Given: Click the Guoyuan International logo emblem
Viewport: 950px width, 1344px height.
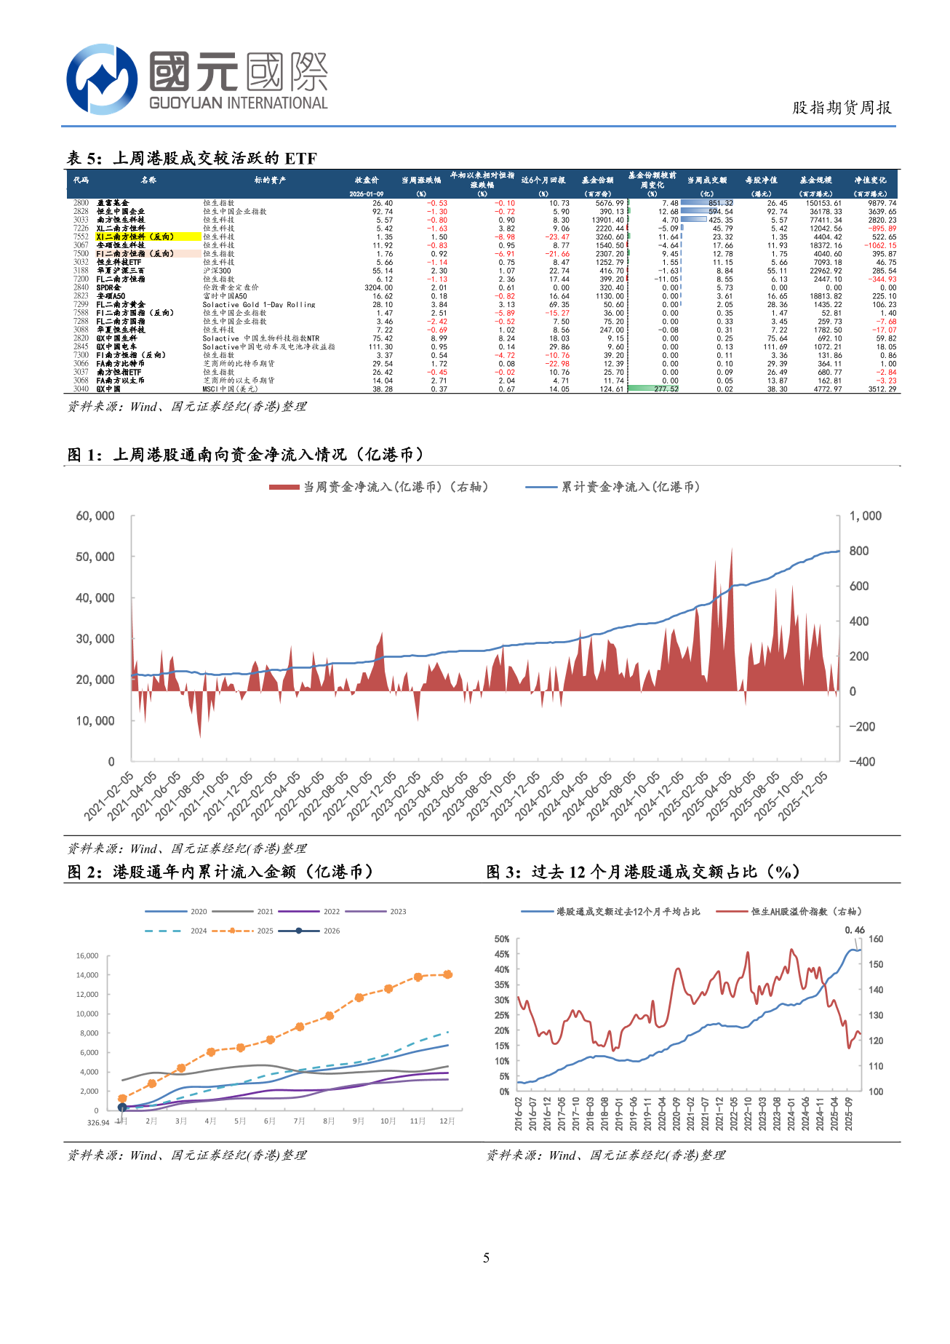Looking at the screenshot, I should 101,79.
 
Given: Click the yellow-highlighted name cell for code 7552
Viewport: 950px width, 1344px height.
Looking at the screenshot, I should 148,236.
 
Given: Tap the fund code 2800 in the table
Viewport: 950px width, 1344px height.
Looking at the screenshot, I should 81,203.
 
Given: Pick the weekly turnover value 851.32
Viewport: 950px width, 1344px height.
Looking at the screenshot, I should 720,203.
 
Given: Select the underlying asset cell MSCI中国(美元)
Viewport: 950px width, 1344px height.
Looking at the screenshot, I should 230,389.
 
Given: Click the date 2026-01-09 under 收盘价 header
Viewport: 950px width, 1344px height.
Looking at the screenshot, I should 367,194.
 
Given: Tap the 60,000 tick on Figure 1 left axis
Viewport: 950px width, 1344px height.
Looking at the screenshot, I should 95,516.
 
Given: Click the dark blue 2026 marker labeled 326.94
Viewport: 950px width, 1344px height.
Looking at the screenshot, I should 122,1107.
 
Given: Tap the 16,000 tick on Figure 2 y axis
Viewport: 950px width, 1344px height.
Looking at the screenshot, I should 87,955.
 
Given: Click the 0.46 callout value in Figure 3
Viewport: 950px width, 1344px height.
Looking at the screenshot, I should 855,930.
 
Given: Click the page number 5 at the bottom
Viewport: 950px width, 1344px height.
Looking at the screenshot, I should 486,1257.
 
